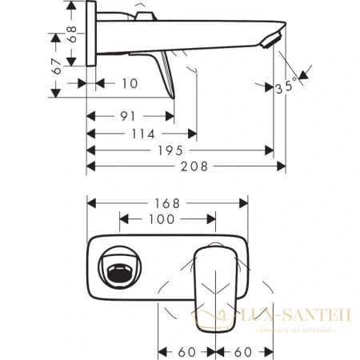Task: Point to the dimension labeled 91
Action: (126, 115)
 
